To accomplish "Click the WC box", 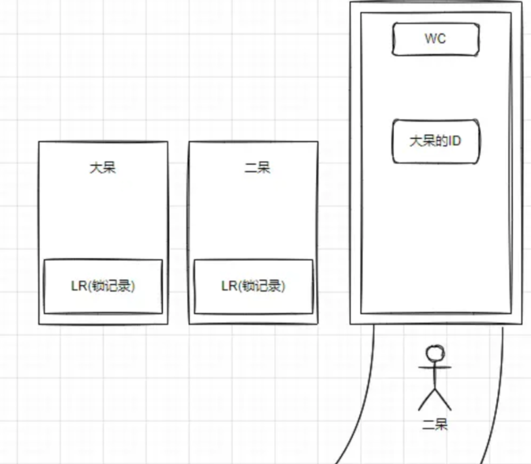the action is click(x=436, y=39).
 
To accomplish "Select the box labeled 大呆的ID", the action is click(x=436, y=141).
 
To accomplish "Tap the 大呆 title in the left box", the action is click(x=103, y=167).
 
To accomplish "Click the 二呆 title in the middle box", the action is click(x=257, y=167).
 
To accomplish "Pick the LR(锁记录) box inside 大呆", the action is click(x=103, y=286).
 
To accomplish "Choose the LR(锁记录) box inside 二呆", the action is click(x=254, y=286).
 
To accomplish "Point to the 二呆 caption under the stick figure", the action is click(x=434, y=425).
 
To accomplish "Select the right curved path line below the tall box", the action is click(x=501, y=406).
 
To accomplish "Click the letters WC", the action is click(x=436, y=39).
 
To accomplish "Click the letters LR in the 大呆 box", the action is click(x=77, y=286).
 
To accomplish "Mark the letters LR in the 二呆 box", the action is click(x=228, y=286).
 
